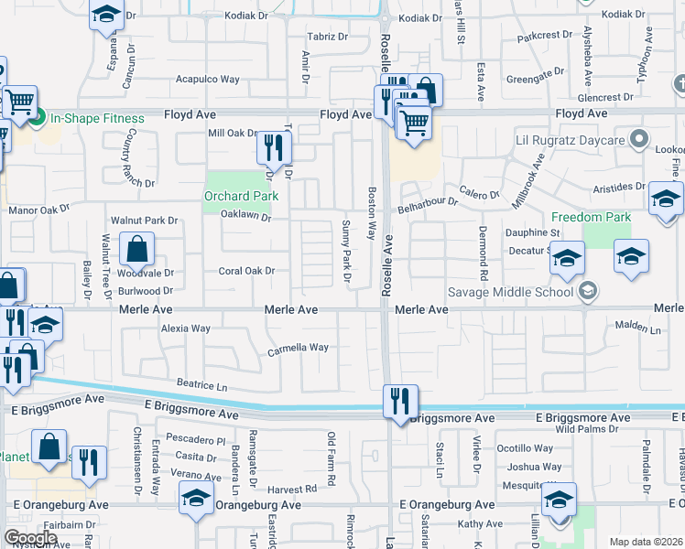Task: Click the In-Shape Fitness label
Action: pyautogui.click(x=97, y=118)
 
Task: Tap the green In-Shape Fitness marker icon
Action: pyautogui.click(x=38, y=118)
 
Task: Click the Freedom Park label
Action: pyautogui.click(x=591, y=217)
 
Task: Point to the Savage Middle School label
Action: pyautogui.click(x=510, y=293)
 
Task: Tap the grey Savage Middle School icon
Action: pyautogui.click(x=588, y=292)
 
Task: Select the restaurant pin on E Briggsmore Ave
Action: pyautogui.click(x=400, y=402)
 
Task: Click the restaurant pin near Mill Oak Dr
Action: pyautogui.click(x=274, y=146)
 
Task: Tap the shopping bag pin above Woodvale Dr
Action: pyautogui.click(x=136, y=249)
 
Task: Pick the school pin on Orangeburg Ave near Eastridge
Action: pyautogui.click(x=196, y=501)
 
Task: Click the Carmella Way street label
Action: pyautogui.click(x=298, y=348)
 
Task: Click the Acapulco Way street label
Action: pyautogui.click(x=208, y=80)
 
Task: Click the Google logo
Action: pyautogui.click(x=30, y=538)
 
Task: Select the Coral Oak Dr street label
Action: pyautogui.click(x=246, y=271)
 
